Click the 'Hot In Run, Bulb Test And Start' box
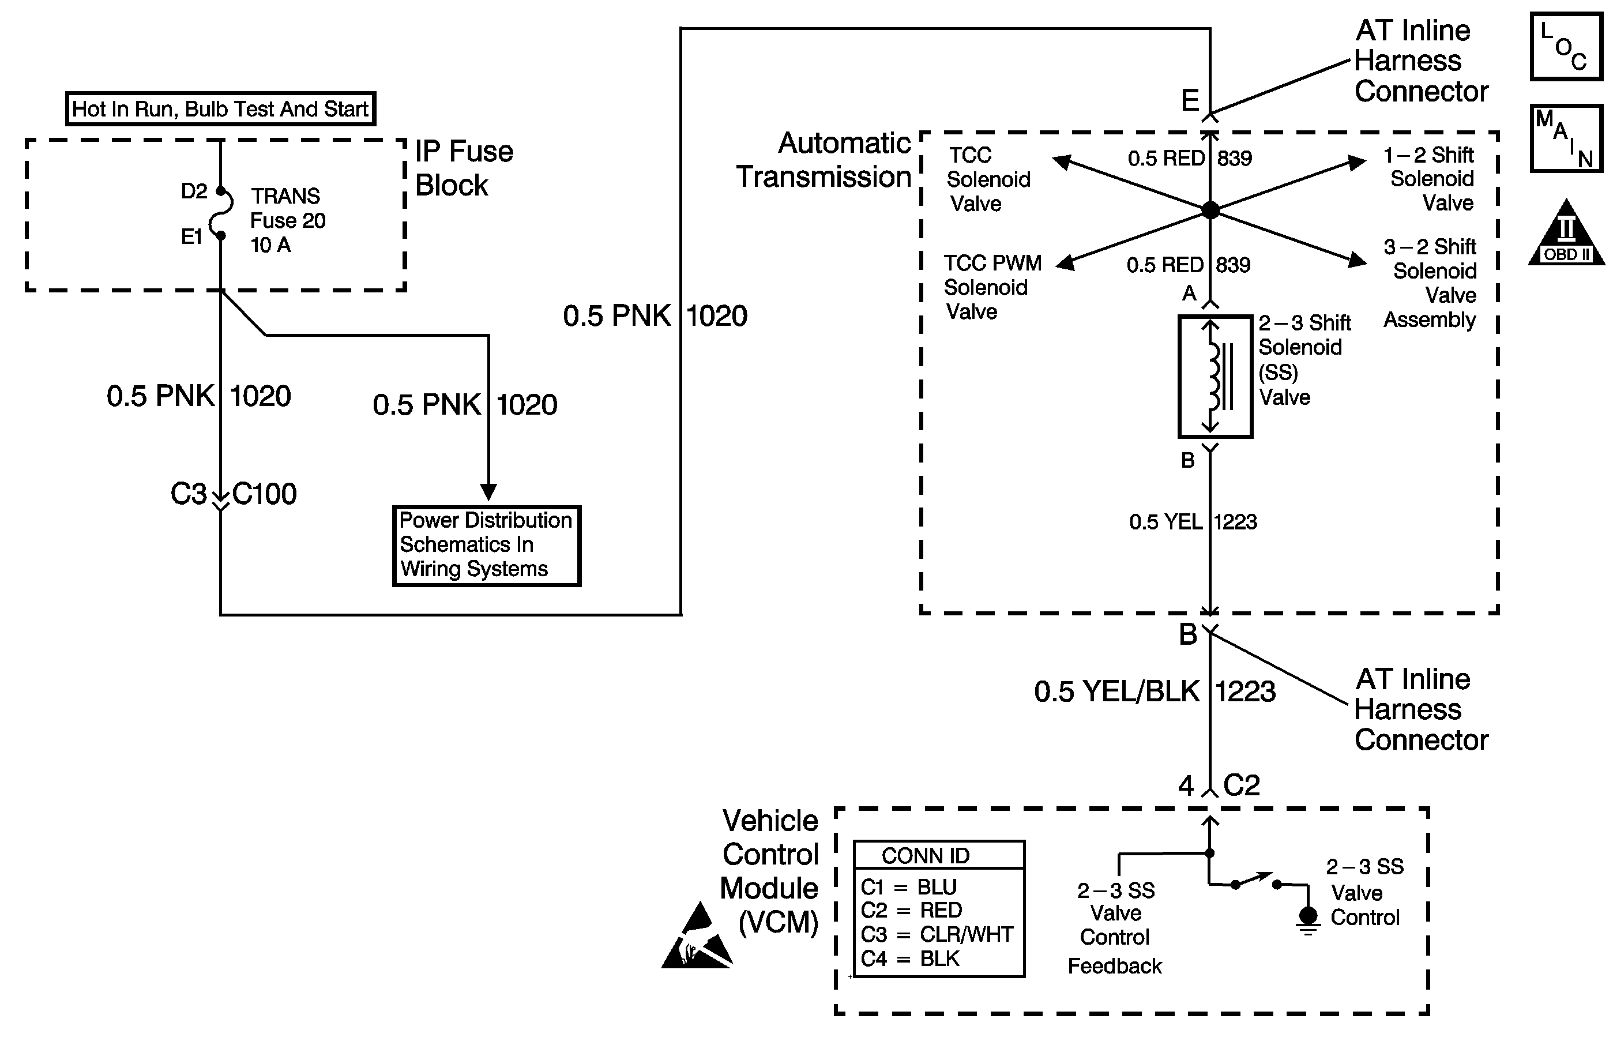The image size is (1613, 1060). click(x=220, y=108)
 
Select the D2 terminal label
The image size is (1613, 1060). click(x=194, y=191)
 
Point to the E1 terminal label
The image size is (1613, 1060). click(x=192, y=236)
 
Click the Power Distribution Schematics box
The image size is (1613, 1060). click(x=487, y=546)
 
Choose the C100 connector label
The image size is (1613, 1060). click(x=264, y=494)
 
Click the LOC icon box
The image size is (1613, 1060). click(x=1566, y=47)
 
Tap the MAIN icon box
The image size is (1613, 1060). click(x=1566, y=138)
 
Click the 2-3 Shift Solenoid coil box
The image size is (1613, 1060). click(x=1215, y=376)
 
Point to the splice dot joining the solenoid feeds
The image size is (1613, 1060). click(x=1210, y=210)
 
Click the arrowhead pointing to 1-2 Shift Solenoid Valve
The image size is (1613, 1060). click(x=1357, y=162)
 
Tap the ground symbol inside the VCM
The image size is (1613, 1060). click(x=1307, y=920)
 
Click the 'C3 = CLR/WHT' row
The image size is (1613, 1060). click(x=937, y=934)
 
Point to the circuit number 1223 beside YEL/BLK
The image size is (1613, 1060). click(x=1246, y=691)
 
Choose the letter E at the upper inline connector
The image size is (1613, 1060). click(x=1190, y=100)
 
